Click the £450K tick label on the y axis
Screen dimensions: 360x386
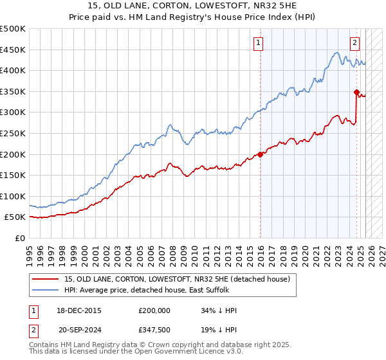point(13,50)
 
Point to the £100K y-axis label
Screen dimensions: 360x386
point(13,196)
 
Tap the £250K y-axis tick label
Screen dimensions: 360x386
point(13,133)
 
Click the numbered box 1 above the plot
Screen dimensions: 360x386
point(258,43)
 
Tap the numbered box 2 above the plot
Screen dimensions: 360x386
point(354,43)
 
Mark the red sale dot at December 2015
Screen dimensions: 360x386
point(260,154)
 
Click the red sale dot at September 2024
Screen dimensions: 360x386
point(356,92)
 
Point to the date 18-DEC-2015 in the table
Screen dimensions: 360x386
point(79,310)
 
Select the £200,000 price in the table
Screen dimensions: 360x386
point(154,310)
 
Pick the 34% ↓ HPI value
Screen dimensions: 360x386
point(219,310)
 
